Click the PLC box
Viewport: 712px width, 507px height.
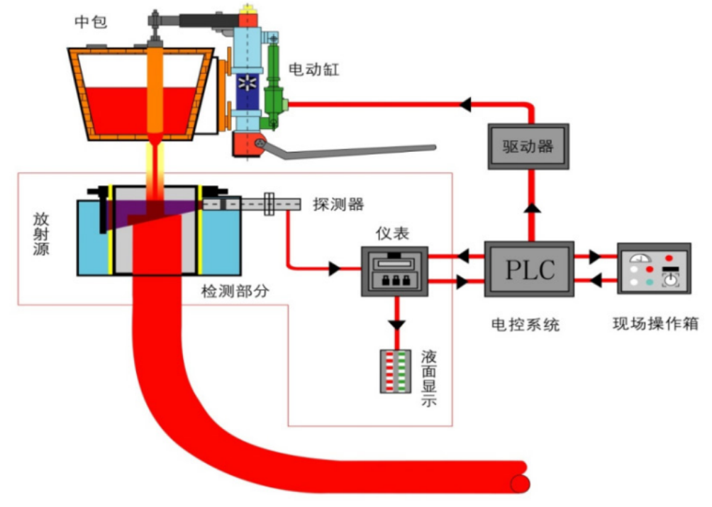pyautogui.click(x=529, y=269)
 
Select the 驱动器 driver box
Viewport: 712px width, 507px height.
pyautogui.click(x=528, y=146)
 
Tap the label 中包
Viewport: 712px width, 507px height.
pyautogui.click(x=91, y=21)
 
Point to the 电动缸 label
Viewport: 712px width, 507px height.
pyautogui.click(x=313, y=69)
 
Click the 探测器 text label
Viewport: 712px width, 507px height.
pyautogui.click(x=338, y=204)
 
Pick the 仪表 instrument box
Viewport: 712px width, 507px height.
pyautogui.click(x=394, y=272)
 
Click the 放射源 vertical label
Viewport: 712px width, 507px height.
pyautogui.click(x=41, y=234)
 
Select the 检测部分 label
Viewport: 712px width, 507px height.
pyautogui.click(x=235, y=291)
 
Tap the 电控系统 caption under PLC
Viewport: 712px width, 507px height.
pyautogui.click(x=525, y=325)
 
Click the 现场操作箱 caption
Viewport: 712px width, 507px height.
pyautogui.click(x=655, y=323)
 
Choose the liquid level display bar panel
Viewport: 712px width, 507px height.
pyautogui.click(x=396, y=372)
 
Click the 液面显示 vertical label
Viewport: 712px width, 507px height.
pyautogui.click(x=428, y=378)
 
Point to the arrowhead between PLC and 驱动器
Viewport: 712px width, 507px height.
pyautogui.click(x=532, y=208)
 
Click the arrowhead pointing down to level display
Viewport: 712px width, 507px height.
pyautogui.click(x=397, y=325)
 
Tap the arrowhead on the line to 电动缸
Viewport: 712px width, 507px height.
pyautogui.click(x=465, y=104)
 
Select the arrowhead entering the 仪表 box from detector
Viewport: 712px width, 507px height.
pyautogui.click(x=335, y=268)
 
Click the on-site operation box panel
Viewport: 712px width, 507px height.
pyautogui.click(x=654, y=269)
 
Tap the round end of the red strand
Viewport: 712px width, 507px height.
pyautogui.click(x=521, y=484)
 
